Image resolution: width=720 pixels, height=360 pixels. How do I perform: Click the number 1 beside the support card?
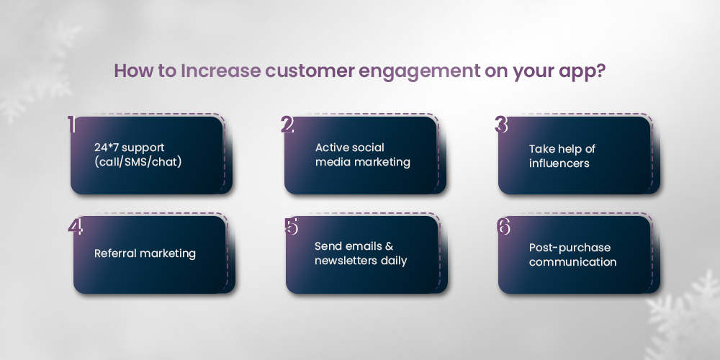click(72, 125)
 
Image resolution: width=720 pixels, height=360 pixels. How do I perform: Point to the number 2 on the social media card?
click(287, 125)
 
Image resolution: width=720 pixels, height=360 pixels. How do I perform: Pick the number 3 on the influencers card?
click(502, 125)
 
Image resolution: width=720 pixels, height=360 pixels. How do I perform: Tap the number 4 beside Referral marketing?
click(76, 226)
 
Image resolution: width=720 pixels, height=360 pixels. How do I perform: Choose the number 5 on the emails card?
click(291, 226)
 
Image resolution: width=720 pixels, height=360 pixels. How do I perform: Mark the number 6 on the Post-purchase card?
click(504, 226)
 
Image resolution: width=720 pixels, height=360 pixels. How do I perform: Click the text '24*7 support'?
click(129, 148)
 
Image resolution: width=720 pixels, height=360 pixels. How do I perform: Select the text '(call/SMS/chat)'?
click(138, 162)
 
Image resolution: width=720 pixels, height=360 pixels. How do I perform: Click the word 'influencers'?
click(559, 163)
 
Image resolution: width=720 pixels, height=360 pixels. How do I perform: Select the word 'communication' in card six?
click(572, 262)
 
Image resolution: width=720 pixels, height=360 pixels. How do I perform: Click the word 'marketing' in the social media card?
click(382, 162)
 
